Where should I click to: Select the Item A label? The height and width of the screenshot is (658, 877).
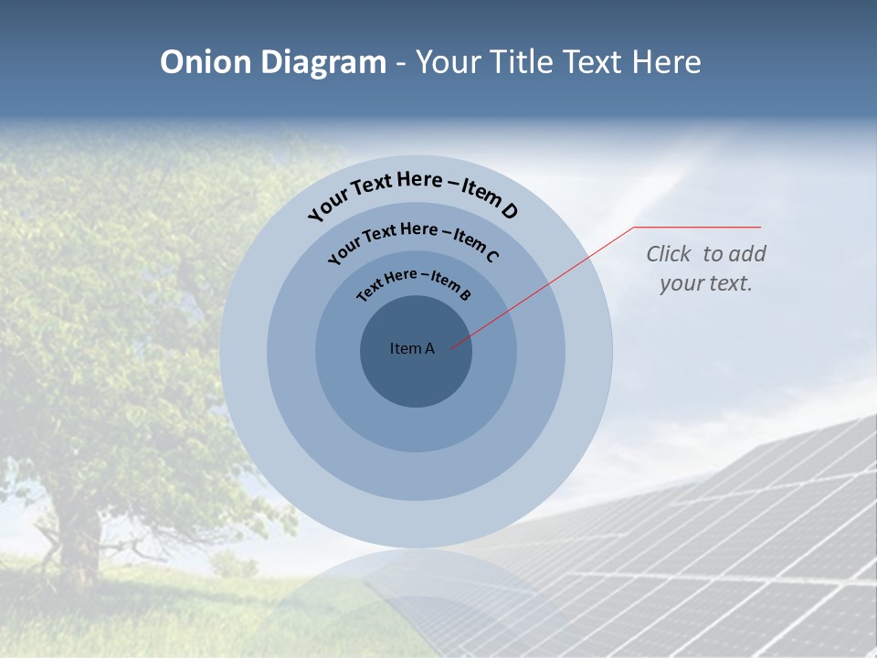pos(412,348)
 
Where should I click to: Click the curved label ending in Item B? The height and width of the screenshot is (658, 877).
pos(414,282)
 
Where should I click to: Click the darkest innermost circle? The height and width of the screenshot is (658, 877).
pos(417,375)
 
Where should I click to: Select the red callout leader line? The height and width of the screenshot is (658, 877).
pos(548,283)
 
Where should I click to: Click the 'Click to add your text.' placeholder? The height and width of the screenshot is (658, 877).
pos(706,269)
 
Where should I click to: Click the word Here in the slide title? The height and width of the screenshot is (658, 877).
pos(662,62)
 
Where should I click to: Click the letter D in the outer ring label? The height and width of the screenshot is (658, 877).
pos(509,211)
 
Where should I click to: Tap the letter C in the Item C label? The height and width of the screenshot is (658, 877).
pos(491,256)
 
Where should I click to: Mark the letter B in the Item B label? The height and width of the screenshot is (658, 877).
pos(465,294)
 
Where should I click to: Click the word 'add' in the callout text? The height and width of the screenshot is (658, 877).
pos(746,254)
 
